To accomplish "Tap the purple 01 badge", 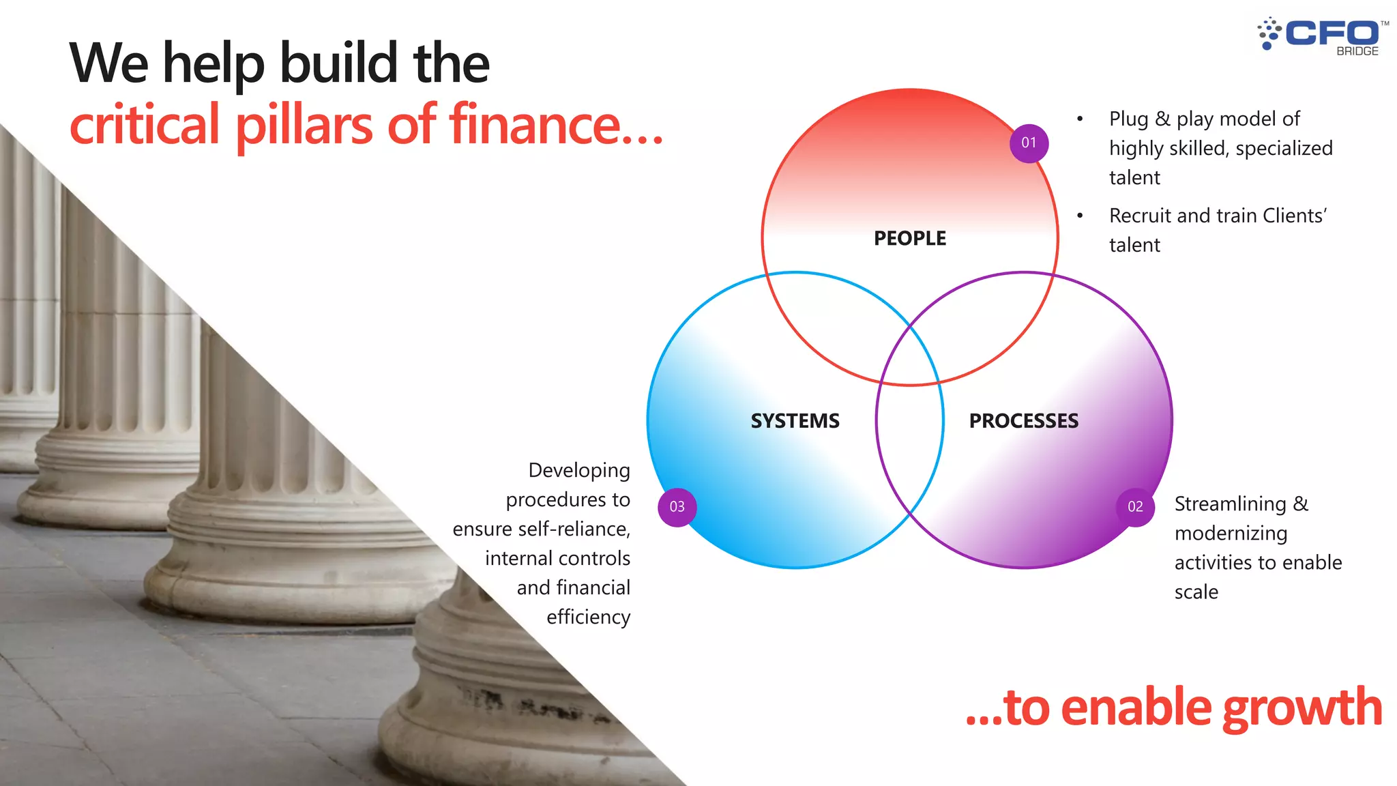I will pyautogui.click(x=1029, y=143).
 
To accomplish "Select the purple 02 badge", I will pyautogui.click(x=1135, y=507).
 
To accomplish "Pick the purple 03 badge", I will pyautogui.click(x=677, y=507).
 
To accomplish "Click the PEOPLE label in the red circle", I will pyautogui.click(x=910, y=238).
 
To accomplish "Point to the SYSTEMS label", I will pyautogui.click(x=795, y=421).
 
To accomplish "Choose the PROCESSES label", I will pyautogui.click(x=1024, y=421).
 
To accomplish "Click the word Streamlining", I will pyautogui.click(x=1230, y=504).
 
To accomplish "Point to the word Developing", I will pyautogui.click(x=579, y=471).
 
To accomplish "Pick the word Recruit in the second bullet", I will pyautogui.click(x=1141, y=216).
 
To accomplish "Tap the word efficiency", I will pyautogui.click(x=588, y=617).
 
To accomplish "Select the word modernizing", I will pyautogui.click(x=1231, y=534).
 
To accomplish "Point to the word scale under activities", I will pyautogui.click(x=1196, y=592).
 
